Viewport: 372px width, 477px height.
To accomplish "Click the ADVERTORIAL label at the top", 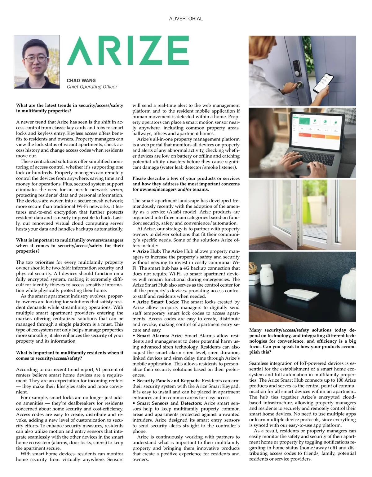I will tap(186, 19).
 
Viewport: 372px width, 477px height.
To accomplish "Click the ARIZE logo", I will tap(128, 51).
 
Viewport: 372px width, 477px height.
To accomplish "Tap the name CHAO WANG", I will tap(81, 80).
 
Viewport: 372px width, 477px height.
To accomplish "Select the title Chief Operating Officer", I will tap(92, 87).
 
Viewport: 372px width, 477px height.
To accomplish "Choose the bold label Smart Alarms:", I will tap(153, 336).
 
